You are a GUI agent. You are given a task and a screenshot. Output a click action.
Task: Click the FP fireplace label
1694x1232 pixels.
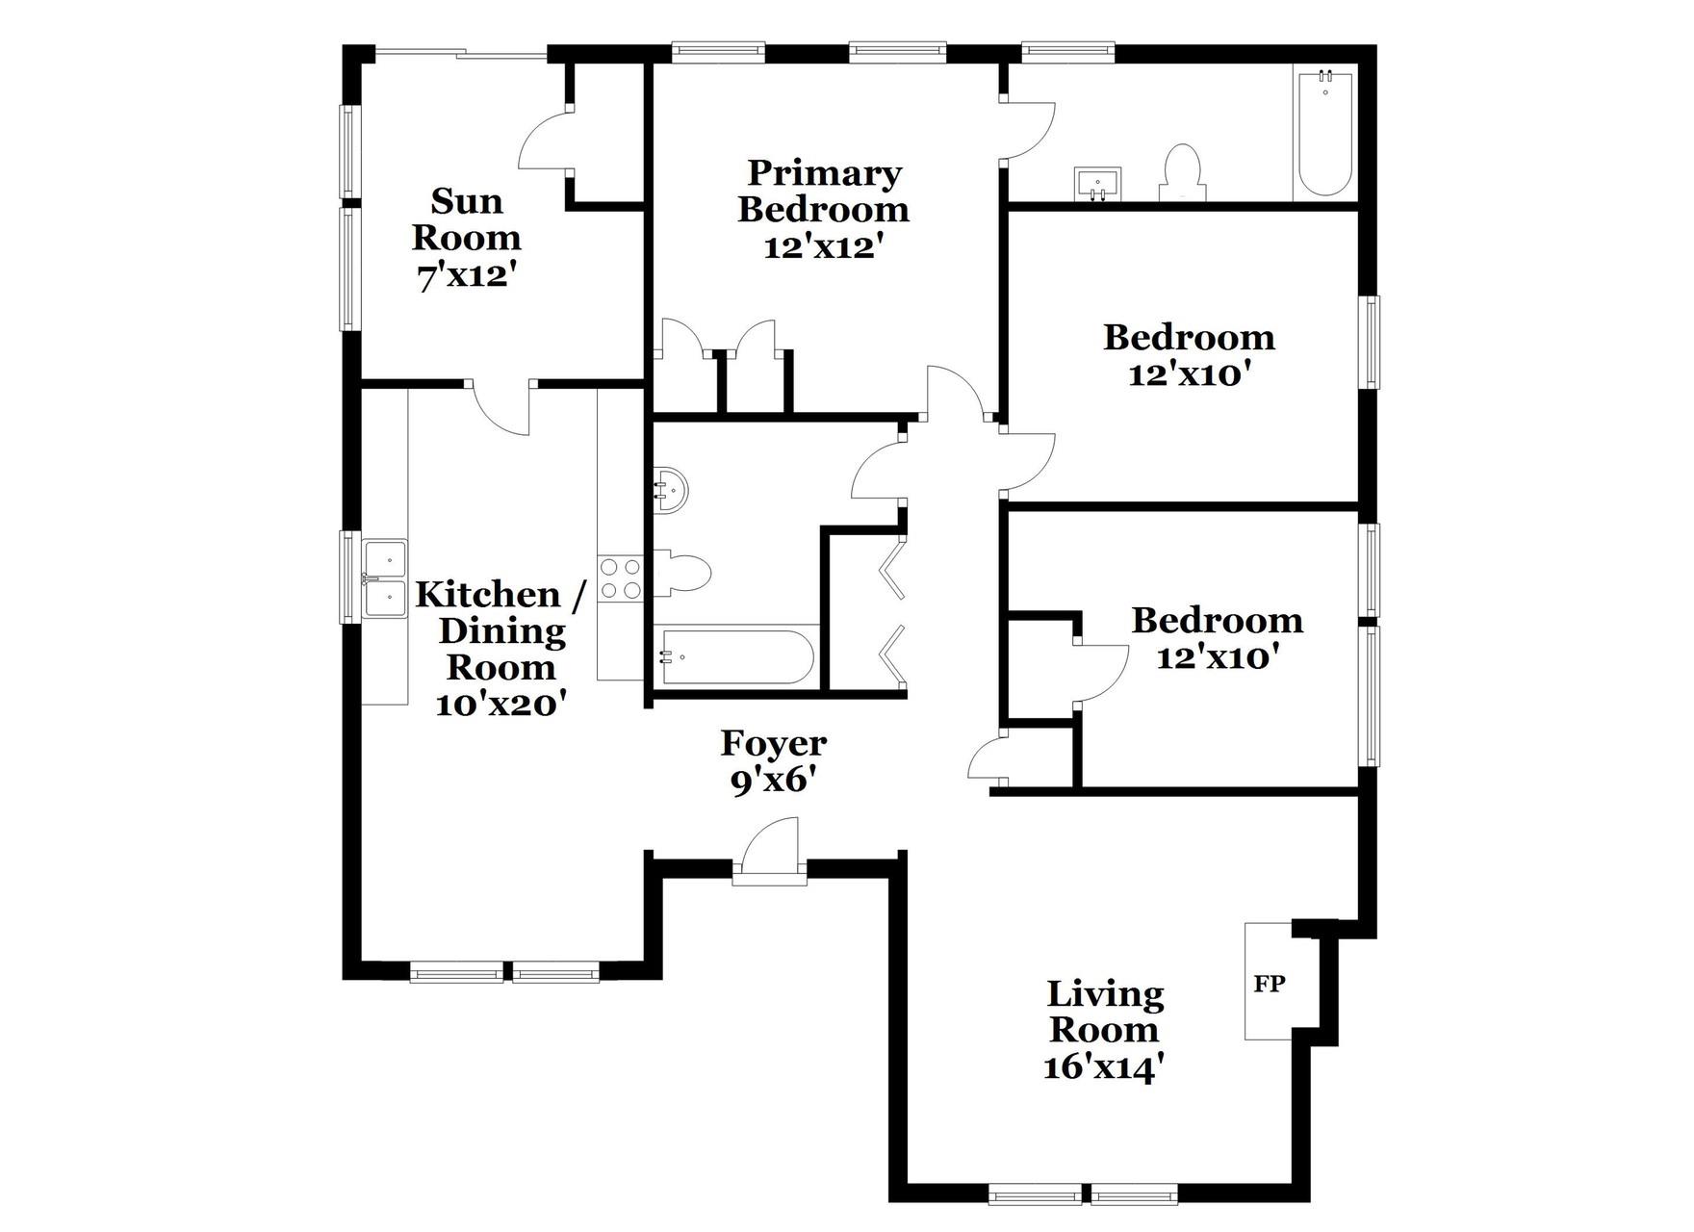tap(1269, 984)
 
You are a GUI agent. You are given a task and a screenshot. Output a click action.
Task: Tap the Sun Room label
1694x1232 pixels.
tap(467, 219)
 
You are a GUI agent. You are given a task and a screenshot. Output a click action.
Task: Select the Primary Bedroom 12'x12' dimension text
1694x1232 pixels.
tap(823, 247)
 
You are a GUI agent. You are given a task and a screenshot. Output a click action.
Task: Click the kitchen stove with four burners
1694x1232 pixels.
tap(620, 578)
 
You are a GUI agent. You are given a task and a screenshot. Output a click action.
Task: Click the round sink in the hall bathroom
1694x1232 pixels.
tap(672, 490)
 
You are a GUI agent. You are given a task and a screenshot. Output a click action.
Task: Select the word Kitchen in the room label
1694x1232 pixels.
tap(488, 595)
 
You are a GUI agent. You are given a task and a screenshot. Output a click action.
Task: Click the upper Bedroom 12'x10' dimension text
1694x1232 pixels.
tap(1189, 374)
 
